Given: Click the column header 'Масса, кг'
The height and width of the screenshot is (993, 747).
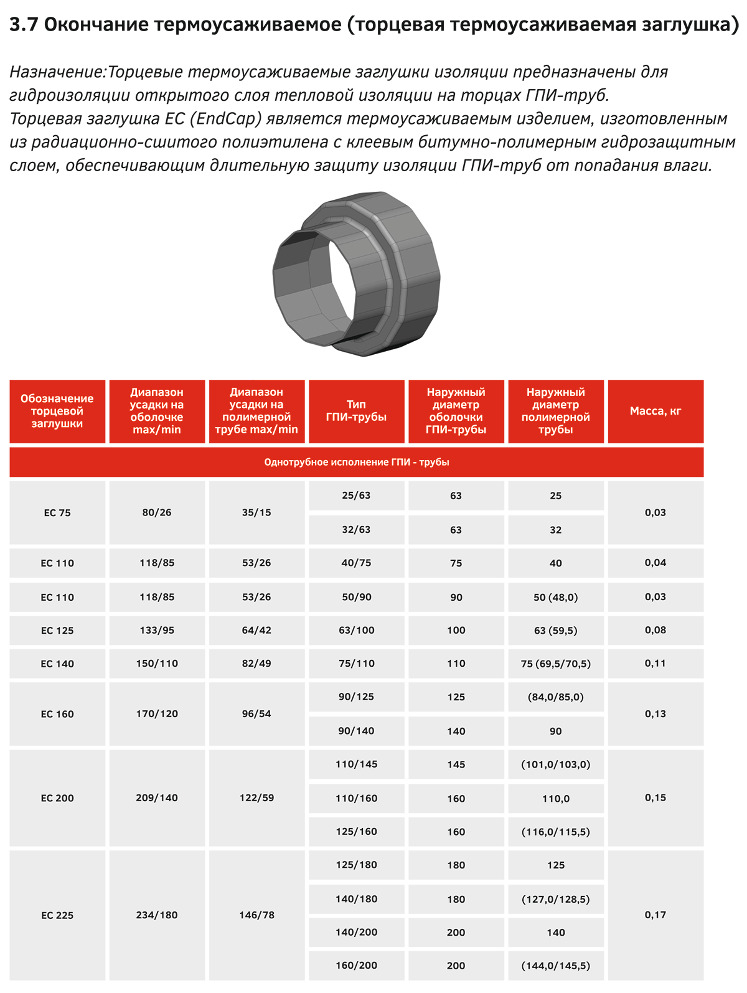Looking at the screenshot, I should (x=655, y=411).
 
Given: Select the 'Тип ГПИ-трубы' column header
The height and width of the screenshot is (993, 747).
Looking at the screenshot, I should (x=356, y=411).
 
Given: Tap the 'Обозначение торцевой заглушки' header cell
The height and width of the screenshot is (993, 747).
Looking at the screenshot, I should (x=57, y=411).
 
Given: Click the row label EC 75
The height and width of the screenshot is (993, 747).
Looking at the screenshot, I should (x=57, y=513).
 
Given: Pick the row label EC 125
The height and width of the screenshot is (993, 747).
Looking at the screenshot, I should (x=57, y=631).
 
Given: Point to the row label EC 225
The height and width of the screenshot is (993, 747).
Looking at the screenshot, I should (x=57, y=915).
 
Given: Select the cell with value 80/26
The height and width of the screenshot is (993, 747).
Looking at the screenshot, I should (x=157, y=512).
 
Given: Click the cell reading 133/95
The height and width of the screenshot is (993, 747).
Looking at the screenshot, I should (x=157, y=630).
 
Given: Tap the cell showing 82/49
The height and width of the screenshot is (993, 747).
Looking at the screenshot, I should (x=256, y=664).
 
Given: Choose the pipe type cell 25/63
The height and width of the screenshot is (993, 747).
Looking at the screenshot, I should (x=356, y=496).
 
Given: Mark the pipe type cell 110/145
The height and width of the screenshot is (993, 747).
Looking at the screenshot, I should (x=356, y=764).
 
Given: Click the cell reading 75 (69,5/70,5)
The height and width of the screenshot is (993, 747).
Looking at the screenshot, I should (x=555, y=664).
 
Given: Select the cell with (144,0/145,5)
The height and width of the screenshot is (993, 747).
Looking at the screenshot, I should (x=555, y=966).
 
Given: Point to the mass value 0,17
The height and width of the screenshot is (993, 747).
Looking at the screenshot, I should (x=655, y=915).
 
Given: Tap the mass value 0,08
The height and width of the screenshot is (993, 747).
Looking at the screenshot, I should (x=655, y=630).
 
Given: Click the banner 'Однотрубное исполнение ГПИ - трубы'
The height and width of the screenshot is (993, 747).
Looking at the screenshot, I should (x=356, y=462).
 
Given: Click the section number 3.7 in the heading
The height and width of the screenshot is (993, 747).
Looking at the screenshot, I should (x=24, y=25).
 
